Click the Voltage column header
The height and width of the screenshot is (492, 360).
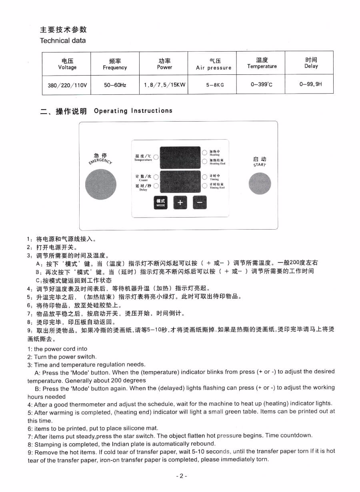[67, 64]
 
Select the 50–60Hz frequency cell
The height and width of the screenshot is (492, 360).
[115, 85]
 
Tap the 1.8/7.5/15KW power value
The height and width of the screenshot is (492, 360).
[164, 85]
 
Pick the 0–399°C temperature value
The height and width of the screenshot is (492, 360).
[262, 84]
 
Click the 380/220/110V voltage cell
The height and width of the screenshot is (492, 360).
[67, 85]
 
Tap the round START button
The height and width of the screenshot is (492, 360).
[260, 184]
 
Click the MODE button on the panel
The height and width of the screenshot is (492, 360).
[160, 202]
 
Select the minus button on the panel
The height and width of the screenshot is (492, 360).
[200, 202]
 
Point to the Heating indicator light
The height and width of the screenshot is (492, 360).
[204, 152]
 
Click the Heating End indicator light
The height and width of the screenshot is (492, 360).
[204, 161]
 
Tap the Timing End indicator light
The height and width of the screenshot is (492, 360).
[204, 186]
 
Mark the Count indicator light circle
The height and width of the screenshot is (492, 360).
[156, 177]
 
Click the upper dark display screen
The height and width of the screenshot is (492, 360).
[179, 157]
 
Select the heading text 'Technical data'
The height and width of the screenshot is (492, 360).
[63, 40]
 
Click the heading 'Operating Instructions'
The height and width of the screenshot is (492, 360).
[133, 111]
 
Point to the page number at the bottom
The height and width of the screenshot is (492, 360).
[181, 476]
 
